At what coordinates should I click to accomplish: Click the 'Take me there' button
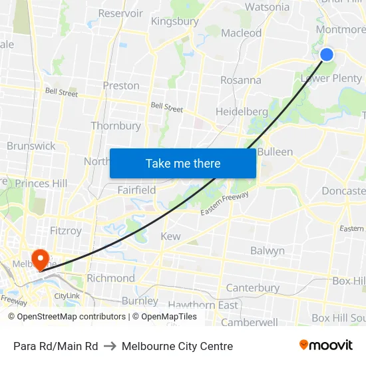(x=183, y=163)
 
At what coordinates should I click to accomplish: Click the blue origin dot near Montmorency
(x=327, y=55)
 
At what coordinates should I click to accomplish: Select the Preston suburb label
(x=121, y=86)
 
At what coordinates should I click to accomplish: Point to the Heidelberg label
(x=242, y=111)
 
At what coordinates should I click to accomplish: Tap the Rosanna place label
(x=241, y=80)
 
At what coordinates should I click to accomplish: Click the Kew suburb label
(x=170, y=236)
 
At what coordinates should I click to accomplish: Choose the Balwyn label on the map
(x=268, y=251)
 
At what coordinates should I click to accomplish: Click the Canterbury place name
(x=252, y=288)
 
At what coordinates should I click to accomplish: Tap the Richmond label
(x=110, y=278)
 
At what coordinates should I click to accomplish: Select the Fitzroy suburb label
(x=66, y=231)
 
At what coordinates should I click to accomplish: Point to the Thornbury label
(x=116, y=126)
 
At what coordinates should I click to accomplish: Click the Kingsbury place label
(x=174, y=21)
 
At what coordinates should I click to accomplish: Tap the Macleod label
(x=241, y=33)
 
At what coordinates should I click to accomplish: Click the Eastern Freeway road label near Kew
(x=225, y=203)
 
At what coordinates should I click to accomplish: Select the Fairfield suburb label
(x=136, y=190)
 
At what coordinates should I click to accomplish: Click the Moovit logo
(x=326, y=345)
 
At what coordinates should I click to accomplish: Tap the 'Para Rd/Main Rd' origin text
(x=56, y=346)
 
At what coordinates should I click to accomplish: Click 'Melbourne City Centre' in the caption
(x=177, y=346)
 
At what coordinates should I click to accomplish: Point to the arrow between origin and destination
(x=110, y=346)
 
